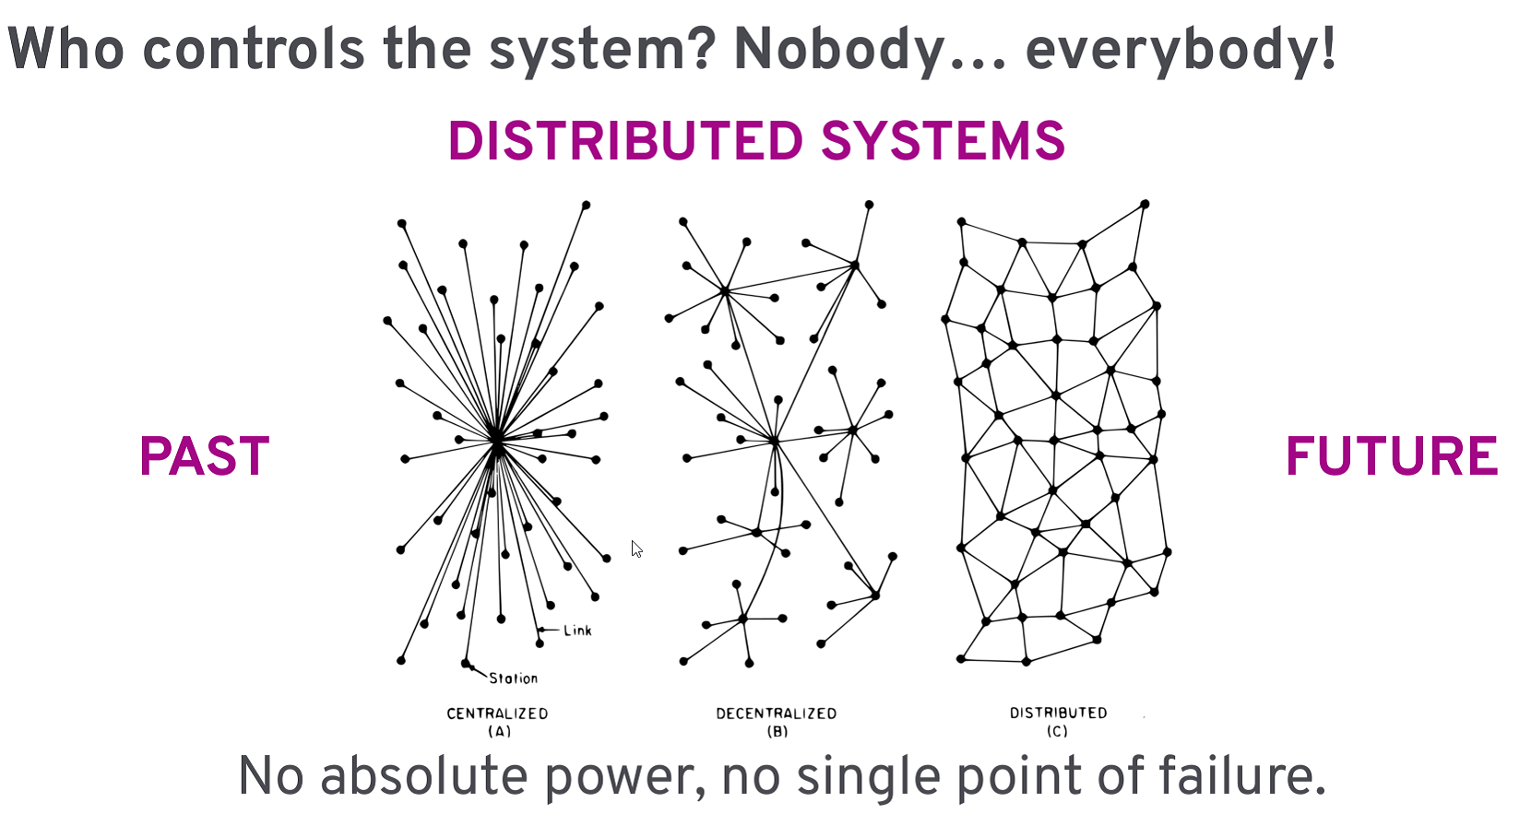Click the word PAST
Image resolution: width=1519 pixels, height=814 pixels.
click(x=204, y=456)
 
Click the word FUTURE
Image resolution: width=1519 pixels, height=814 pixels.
click(x=1391, y=456)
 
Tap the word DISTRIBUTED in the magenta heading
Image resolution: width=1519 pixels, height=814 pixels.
click(x=625, y=141)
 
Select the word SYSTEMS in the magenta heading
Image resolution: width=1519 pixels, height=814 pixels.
click(x=943, y=141)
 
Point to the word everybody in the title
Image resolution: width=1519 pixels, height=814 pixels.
click(x=1171, y=50)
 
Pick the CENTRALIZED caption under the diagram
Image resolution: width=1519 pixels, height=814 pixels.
click(x=497, y=714)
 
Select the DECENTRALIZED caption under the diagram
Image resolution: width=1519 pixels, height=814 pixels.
click(x=777, y=714)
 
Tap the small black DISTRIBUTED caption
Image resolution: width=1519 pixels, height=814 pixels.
click(x=1058, y=713)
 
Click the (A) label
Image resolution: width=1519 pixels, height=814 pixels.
click(x=499, y=731)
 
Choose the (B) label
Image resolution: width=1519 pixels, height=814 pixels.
click(x=777, y=731)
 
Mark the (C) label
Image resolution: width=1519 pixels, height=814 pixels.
click(x=1057, y=731)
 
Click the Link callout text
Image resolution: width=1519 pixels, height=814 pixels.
click(x=577, y=631)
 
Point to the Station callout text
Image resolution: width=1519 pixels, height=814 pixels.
click(x=513, y=678)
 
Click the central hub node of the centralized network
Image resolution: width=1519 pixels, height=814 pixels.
click(x=496, y=442)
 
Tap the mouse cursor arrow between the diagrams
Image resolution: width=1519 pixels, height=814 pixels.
click(x=636, y=549)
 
